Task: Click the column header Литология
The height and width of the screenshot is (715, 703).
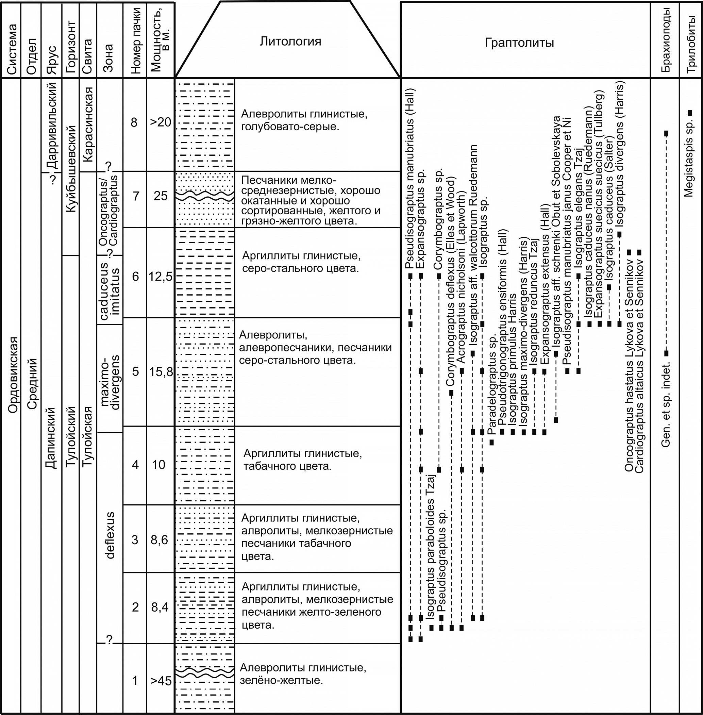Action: click(290, 41)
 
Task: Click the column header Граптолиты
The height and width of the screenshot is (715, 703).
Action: click(519, 43)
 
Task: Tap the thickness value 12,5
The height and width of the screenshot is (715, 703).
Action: click(160, 276)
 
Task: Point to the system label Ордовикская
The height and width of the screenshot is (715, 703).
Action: click(13, 375)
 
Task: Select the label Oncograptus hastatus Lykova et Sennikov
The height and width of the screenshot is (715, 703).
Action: click(629, 367)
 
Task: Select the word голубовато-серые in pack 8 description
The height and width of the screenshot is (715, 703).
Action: click(290, 127)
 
